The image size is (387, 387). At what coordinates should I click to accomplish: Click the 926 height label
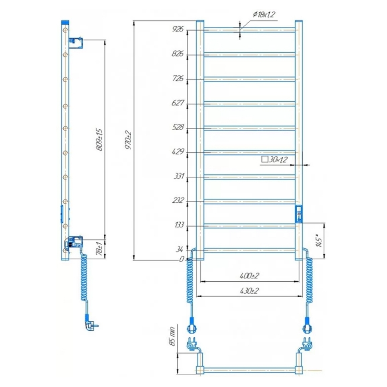click(x=178, y=29)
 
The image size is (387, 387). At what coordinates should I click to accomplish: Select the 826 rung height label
click(x=178, y=53)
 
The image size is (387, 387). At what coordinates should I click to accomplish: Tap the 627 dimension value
click(x=178, y=103)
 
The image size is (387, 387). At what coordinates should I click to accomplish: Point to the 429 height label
click(x=178, y=151)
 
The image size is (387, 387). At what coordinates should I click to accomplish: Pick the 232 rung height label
click(x=178, y=200)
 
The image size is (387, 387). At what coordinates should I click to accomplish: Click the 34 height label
click(x=180, y=249)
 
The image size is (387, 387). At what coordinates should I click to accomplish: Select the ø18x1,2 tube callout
click(x=264, y=14)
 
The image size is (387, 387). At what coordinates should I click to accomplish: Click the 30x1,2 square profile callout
click(x=274, y=160)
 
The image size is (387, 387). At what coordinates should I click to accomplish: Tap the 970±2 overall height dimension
click(x=128, y=140)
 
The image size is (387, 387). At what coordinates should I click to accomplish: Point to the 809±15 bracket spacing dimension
click(x=99, y=140)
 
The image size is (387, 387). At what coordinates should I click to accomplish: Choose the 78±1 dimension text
click(x=99, y=249)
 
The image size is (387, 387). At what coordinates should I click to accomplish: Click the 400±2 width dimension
click(x=249, y=275)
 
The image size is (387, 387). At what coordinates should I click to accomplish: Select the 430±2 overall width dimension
click(x=249, y=291)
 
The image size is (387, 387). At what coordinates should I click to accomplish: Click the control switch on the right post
click(x=299, y=214)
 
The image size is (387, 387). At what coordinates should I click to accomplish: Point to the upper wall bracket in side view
click(x=75, y=43)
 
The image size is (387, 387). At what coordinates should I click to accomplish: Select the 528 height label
click(x=178, y=127)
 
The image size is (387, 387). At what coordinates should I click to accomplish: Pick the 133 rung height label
click(x=179, y=225)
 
